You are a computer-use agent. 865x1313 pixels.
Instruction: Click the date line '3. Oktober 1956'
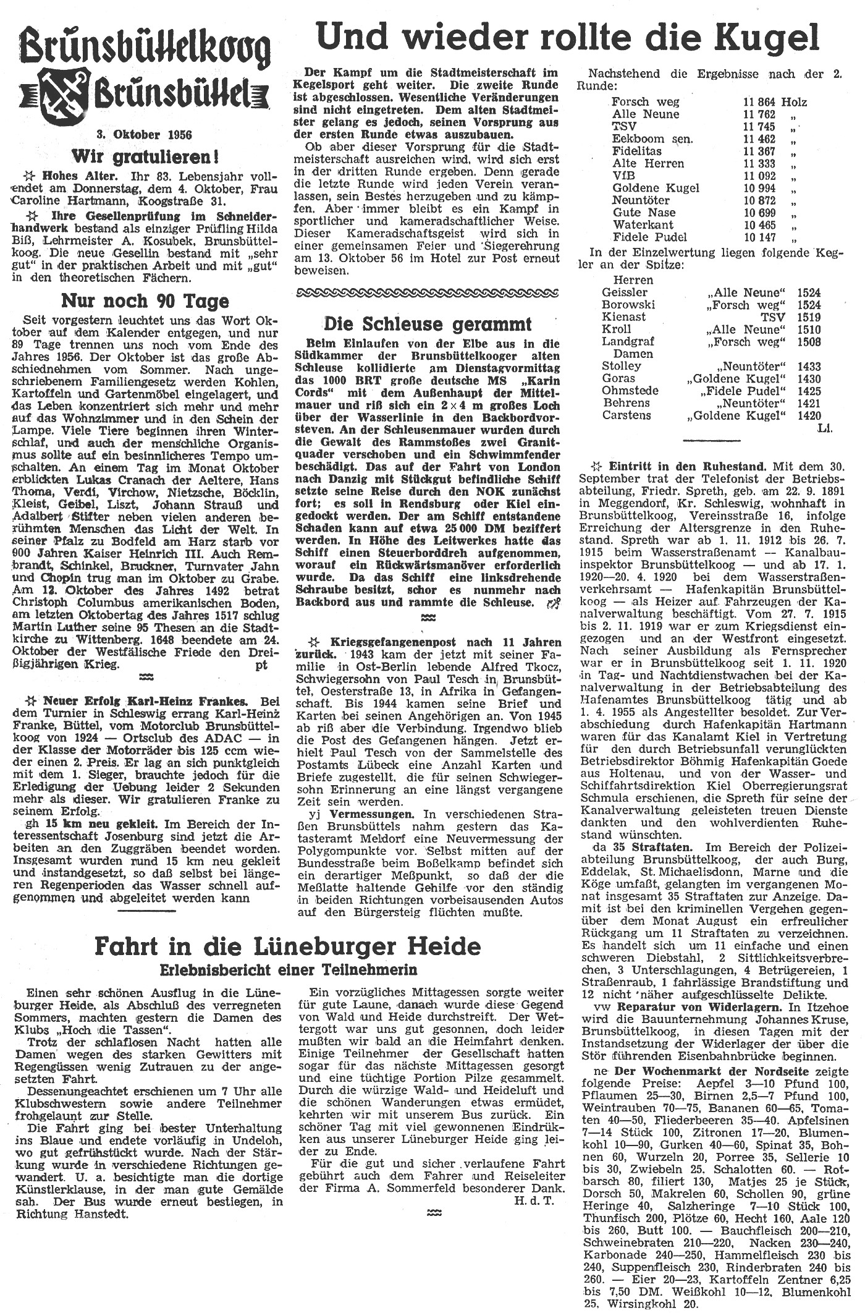[143, 134]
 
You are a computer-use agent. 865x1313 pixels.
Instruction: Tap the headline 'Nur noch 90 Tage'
[145, 301]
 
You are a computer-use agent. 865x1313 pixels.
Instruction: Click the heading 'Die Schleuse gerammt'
[428, 323]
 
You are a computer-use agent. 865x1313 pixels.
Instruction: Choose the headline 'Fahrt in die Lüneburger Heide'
[287, 945]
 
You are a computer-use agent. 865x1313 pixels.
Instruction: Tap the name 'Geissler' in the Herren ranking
[625, 292]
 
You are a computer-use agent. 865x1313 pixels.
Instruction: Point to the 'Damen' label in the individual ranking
[633, 354]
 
